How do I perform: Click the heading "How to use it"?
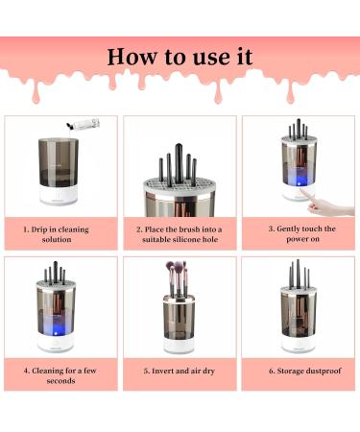(x=180, y=56)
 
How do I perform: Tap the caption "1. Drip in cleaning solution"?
(x=60, y=234)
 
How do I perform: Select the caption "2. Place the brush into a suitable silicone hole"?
(x=180, y=234)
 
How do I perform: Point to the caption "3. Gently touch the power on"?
(x=300, y=234)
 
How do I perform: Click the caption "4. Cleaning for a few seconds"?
(x=60, y=374)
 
